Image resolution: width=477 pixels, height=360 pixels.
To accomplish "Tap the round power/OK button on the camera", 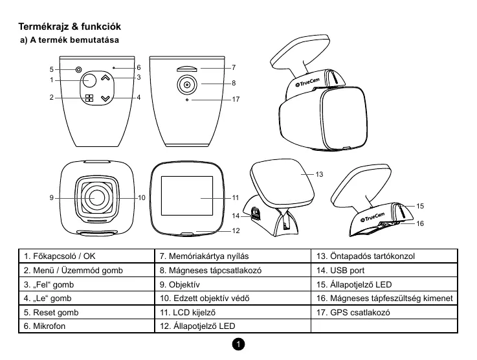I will click(89, 80).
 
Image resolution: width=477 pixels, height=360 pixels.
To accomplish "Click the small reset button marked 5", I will click(78, 69).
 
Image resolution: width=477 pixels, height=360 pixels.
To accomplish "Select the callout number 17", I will click(236, 100).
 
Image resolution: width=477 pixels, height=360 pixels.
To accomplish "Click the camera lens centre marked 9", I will click(98, 196).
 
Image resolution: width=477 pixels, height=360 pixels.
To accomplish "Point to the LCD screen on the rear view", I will click(188, 196).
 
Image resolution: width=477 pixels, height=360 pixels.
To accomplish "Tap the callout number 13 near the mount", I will click(319, 175).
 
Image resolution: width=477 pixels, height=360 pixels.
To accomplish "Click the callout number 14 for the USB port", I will click(236, 216).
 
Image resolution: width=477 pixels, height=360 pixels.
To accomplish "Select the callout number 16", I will click(420, 223).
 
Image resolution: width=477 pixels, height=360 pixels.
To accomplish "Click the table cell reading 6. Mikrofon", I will click(86, 326).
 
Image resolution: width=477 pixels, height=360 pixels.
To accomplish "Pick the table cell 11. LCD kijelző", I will click(231, 313).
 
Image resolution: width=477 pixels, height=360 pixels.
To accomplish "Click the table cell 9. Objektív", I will click(231, 285).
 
